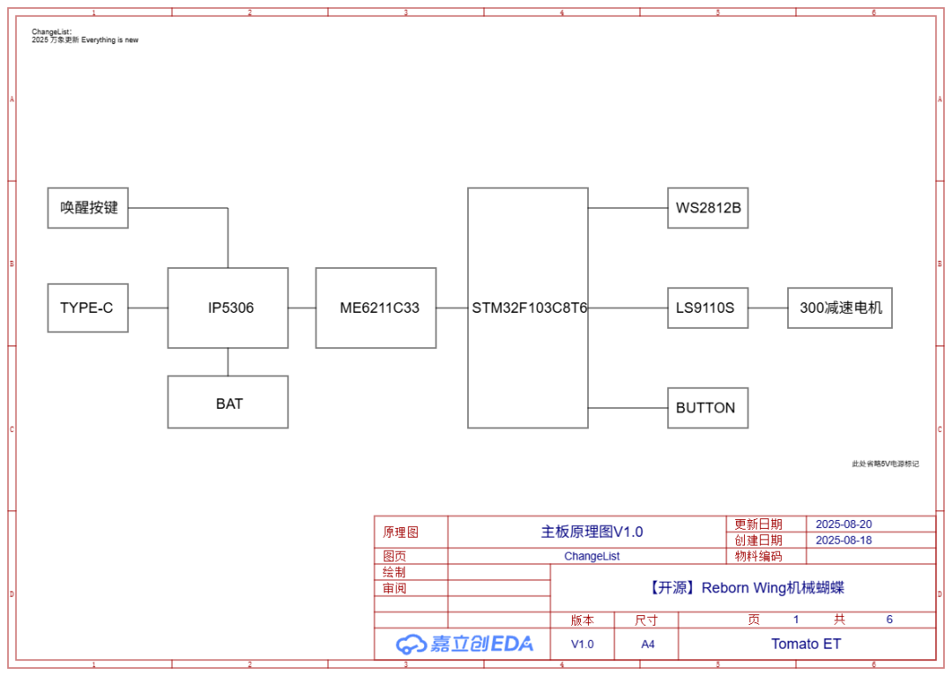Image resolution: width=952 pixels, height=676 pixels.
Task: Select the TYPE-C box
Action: point(87,308)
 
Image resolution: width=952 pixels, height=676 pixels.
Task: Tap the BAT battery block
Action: point(227,403)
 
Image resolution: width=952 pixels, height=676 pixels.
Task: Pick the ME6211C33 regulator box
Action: point(376,308)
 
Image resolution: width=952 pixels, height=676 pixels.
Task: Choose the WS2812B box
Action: point(707,209)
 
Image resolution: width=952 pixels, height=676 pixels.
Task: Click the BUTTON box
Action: point(707,408)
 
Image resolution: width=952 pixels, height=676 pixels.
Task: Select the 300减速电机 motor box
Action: point(839,308)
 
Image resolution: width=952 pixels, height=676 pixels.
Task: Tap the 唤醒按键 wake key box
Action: point(87,208)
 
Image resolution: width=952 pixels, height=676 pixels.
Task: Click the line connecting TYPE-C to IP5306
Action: point(148,308)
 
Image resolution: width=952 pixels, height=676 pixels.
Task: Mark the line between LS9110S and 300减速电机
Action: point(768,308)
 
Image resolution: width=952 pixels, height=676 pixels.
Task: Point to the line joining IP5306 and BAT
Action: point(227,362)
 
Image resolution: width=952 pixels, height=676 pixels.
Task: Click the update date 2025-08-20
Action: point(844,524)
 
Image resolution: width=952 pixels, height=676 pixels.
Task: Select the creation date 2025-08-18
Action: point(844,540)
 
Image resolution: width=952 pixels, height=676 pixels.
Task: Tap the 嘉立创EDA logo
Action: point(465,644)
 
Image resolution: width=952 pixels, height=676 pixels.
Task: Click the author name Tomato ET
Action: point(806,644)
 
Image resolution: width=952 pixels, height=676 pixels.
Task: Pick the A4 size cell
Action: point(648,644)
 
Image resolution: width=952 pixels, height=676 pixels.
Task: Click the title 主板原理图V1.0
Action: point(591,531)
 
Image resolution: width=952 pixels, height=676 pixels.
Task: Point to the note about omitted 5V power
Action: point(884,464)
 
